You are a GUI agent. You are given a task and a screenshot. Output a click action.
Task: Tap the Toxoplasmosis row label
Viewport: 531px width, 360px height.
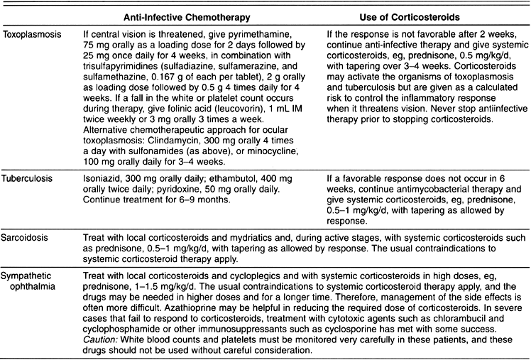tap(31, 33)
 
